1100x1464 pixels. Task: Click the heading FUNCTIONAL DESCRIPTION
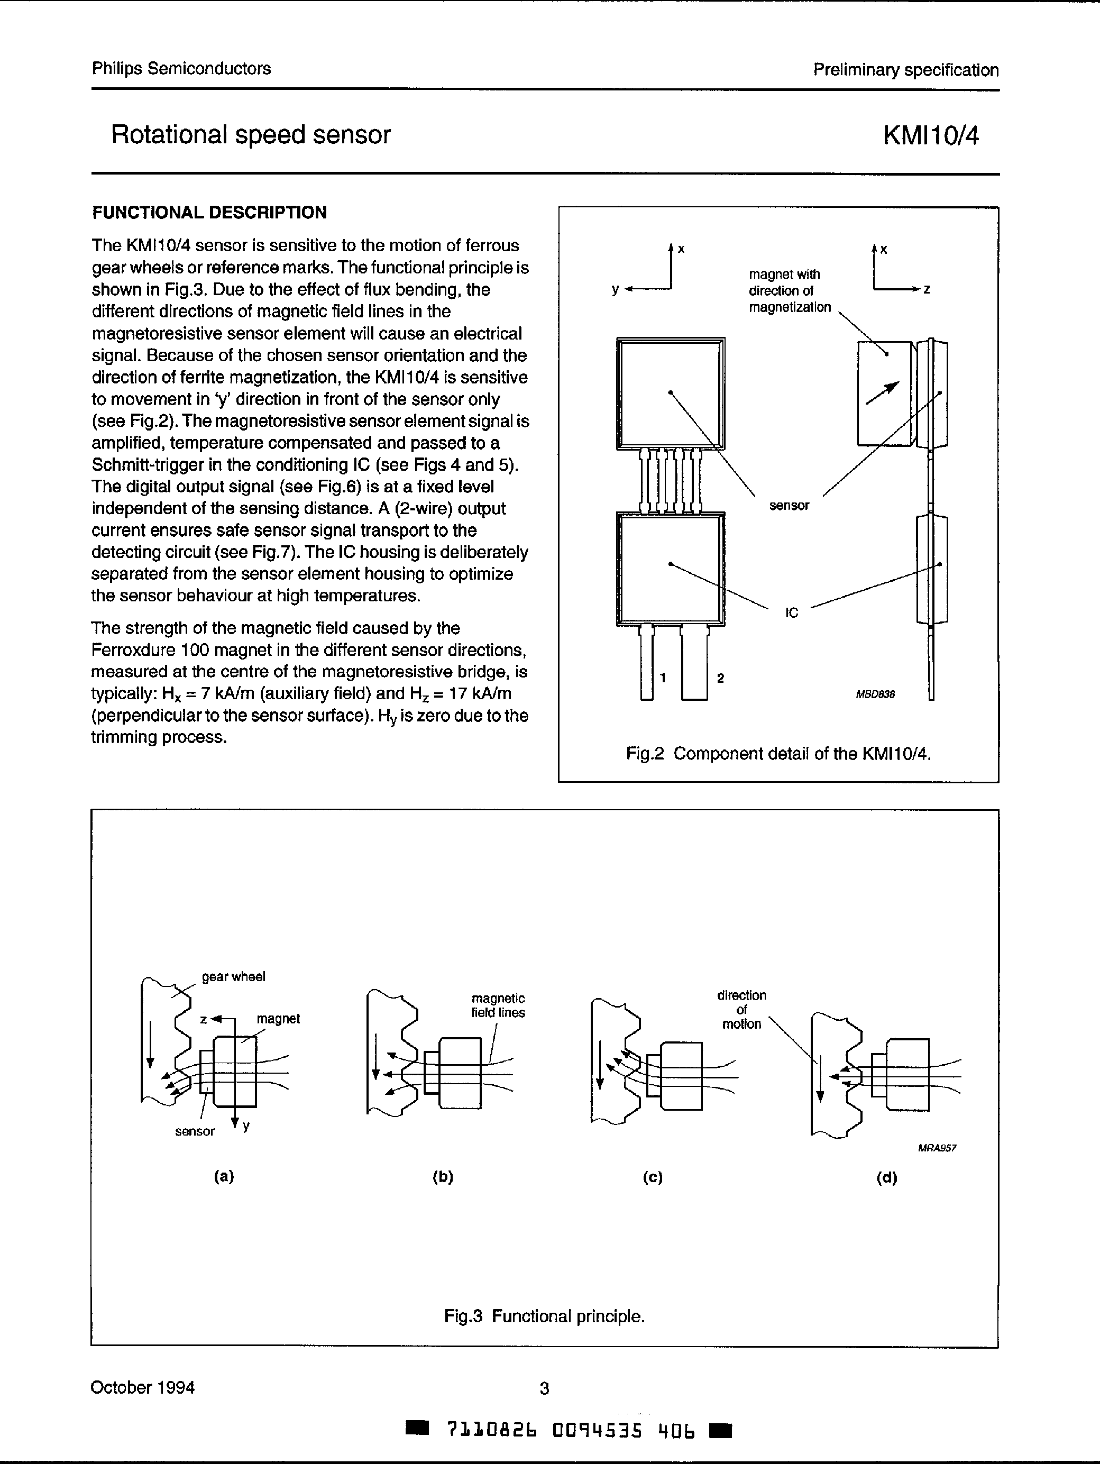[x=209, y=213]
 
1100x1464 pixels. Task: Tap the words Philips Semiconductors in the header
[x=181, y=69]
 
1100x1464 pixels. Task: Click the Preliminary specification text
[x=905, y=70]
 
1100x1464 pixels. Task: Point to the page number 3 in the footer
[x=544, y=1388]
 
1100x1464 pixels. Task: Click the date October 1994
[x=142, y=1387]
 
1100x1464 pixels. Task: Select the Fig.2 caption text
[x=778, y=754]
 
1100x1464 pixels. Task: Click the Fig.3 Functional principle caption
[x=544, y=1316]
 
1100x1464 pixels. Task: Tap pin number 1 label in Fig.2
[x=663, y=677]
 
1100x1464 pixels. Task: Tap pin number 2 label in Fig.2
[x=720, y=678]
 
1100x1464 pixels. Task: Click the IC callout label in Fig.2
[x=792, y=613]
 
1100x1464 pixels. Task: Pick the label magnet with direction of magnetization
[x=789, y=290]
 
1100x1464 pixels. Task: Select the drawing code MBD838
[x=875, y=694]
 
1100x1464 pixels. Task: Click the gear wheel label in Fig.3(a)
[x=233, y=977]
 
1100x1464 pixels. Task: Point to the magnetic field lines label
[x=498, y=1005]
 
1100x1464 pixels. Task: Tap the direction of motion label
[x=741, y=1009]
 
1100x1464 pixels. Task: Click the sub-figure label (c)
[x=653, y=1177]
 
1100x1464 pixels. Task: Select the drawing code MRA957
[x=937, y=1148]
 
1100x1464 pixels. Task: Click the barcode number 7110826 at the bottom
[x=492, y=1430]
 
